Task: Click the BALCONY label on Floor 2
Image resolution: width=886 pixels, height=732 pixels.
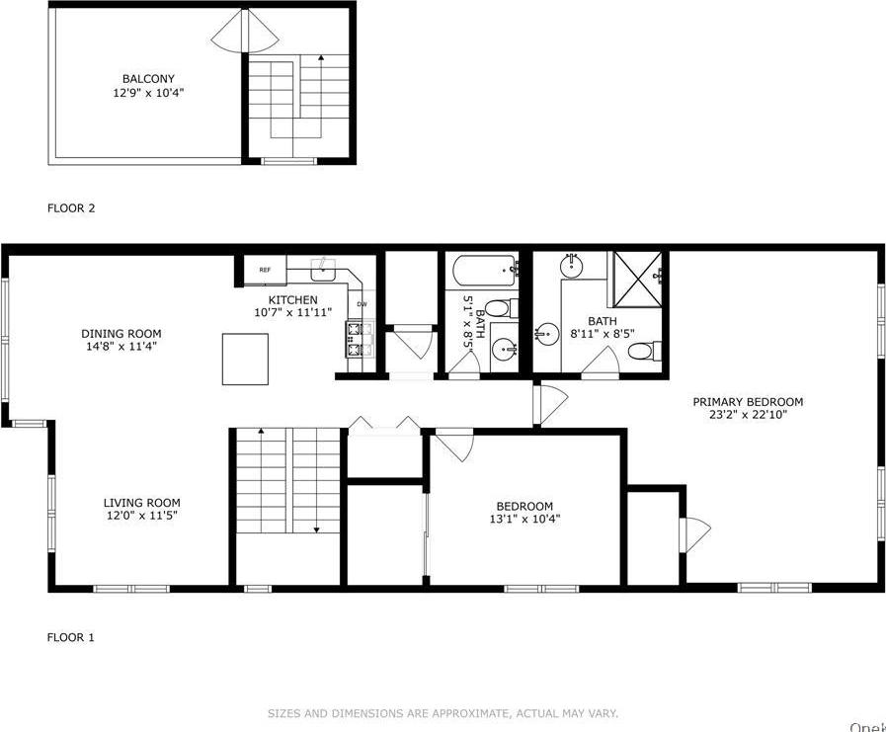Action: (148, 79)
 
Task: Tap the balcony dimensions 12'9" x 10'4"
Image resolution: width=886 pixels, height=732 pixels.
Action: (148, 93)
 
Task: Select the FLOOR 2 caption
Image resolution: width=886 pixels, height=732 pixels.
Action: (71, 208)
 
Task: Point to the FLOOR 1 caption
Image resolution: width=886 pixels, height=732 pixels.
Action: (71, 637)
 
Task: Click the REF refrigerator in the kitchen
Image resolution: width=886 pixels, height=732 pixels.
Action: (265, 270)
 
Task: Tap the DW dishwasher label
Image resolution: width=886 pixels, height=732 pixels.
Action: (362, 304)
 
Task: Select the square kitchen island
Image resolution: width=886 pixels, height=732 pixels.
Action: (245, 359)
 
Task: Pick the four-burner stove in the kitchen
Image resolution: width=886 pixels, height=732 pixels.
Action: (358, 339)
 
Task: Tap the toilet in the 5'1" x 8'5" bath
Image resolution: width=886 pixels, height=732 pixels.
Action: (498, 308)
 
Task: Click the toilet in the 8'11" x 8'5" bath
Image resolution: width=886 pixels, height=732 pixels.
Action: (641, 351)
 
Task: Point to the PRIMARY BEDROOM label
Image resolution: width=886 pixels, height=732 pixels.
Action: (747, 402)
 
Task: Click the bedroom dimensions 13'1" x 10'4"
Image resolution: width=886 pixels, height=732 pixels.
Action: (524, 520)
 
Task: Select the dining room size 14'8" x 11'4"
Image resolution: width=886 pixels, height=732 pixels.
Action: (121, 347)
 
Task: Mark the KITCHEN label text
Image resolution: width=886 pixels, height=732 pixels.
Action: (293, 299)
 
